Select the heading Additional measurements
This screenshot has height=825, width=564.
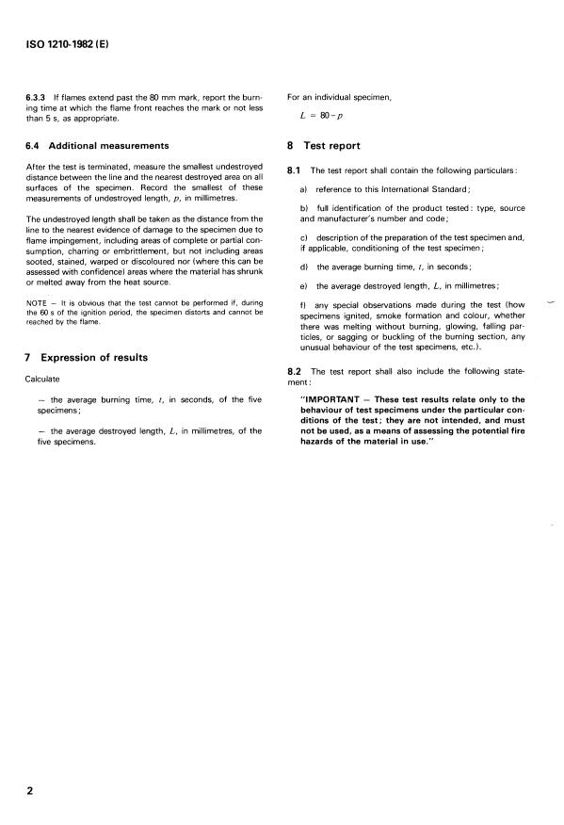point(109,145)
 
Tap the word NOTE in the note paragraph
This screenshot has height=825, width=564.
point(38,302)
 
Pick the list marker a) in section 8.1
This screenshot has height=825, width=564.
point(304,188)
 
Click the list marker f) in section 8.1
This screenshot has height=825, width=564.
point(304,306)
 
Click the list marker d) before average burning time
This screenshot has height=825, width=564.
point(304,267)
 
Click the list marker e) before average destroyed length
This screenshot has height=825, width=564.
point(304,286)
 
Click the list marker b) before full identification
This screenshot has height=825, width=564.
point(304,206)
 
